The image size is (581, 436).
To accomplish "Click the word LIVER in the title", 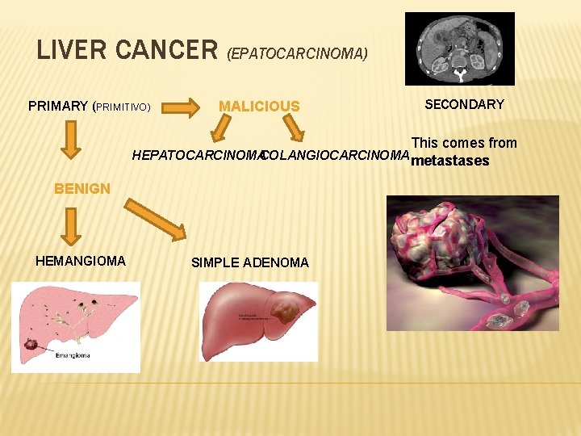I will coord(73,50).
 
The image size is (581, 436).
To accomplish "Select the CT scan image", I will coord(460,48).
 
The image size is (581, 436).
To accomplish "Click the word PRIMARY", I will coord(58,106).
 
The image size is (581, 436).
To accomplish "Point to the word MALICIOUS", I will coord(259,107).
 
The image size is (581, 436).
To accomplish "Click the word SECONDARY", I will coord(464,104).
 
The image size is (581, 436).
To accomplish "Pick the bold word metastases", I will coord(450,161).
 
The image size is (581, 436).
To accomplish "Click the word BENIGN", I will coord(82,189).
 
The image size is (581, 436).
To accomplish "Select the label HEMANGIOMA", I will coord(81,261).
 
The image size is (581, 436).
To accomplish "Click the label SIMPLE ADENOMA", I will coord(250,262).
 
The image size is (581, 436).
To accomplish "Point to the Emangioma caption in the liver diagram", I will coord(73,354).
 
